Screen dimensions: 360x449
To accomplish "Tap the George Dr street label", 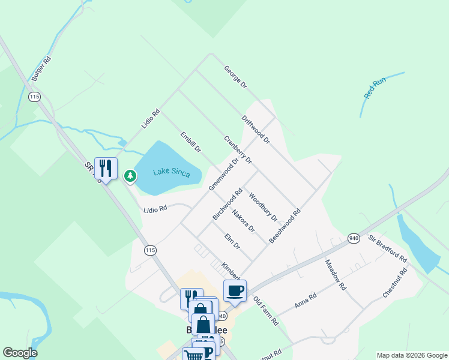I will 235,77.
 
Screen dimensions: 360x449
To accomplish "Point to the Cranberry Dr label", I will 238,150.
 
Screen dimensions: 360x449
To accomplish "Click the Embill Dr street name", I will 190,142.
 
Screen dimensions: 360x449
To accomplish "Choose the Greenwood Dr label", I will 224,175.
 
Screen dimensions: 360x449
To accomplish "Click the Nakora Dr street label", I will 244,221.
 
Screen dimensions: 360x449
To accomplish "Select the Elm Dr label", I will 232,242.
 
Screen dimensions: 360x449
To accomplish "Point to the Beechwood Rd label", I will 285,226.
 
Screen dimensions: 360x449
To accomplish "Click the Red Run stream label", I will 376,88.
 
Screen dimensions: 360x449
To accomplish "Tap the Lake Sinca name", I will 171,173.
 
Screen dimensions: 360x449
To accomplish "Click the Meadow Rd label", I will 336,275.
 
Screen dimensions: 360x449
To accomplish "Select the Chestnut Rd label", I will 395,283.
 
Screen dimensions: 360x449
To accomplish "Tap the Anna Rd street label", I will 306,301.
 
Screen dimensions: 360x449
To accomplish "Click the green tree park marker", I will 130,176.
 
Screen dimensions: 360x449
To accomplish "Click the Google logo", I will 20,353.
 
